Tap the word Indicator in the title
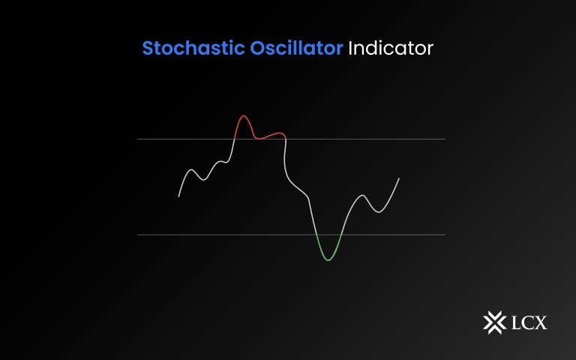tap(391, 49)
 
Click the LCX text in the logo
tap(529, 323)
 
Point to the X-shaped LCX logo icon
tap(494, 322)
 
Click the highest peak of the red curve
tap(243, 116)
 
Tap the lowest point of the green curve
tap(328, 260)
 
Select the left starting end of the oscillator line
tap(178, 196)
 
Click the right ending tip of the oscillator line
tap(399, 178)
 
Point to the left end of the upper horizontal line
tap(138, 139)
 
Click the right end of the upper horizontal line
tap(445, 139)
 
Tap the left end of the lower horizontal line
tap(138, 235)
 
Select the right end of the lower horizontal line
tap(445, 235)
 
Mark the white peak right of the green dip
tap(363, 196)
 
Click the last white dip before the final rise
tap(379, 211)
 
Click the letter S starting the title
tap(148, 49)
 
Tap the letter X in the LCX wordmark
tap(541, 323)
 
